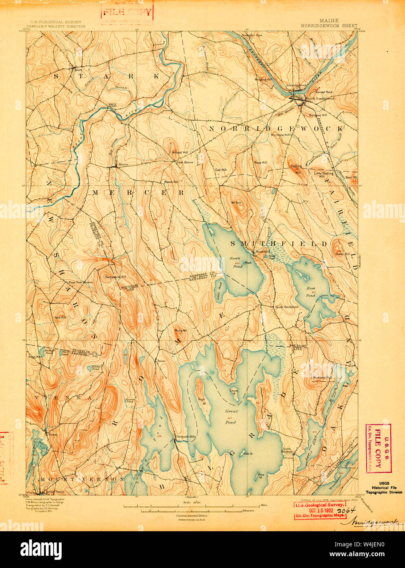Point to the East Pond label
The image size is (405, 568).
tap(311, 291)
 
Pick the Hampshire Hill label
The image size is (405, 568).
tap(115, 277)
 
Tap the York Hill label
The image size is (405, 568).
tap(60, 317)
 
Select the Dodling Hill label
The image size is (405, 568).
tap(296, 169)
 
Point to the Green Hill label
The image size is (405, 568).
tap(343, 254)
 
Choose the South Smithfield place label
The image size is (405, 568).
tap(286, 306)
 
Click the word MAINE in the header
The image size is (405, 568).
tap(329, 20)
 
